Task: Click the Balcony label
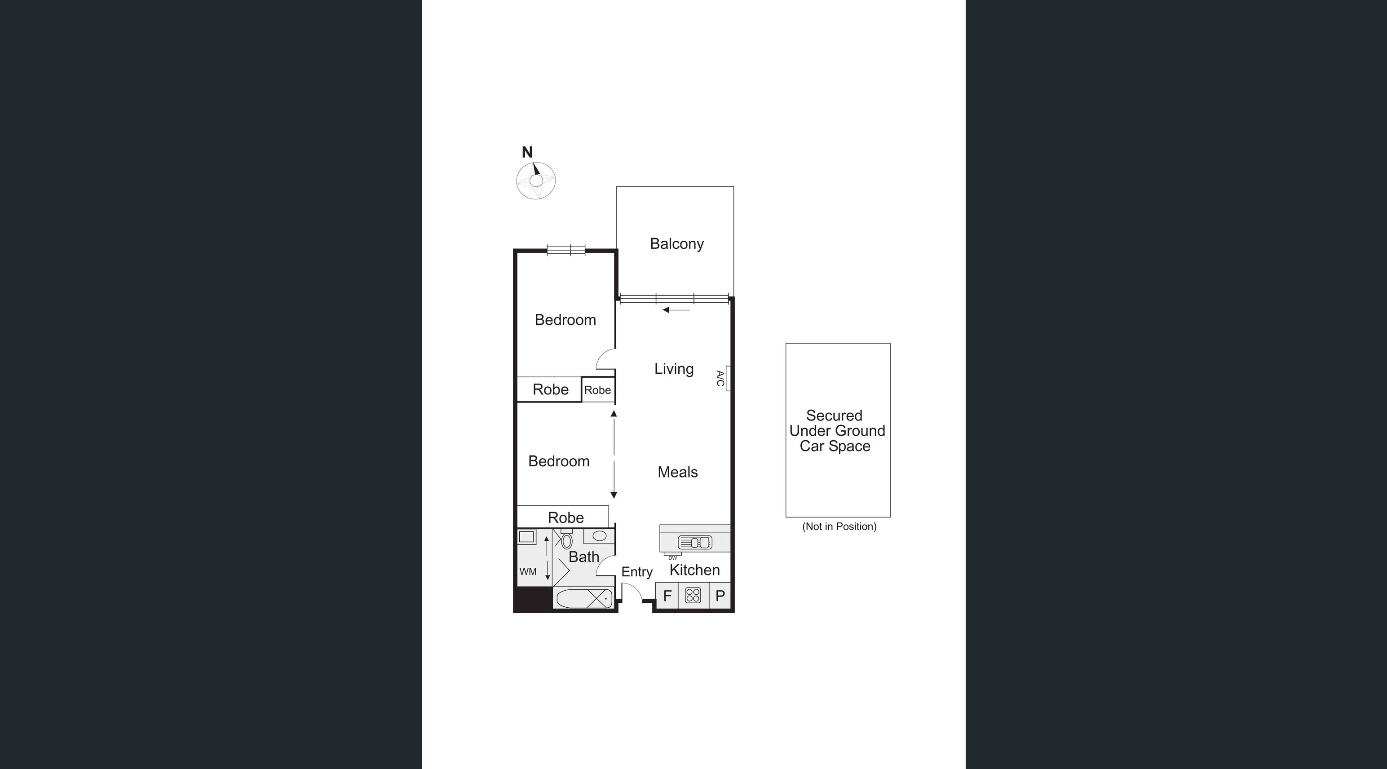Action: click(x=676, y=244)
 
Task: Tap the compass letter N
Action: click(x=527, y=152)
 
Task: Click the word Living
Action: click(x=674, y=369)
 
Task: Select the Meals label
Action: click(x=677, y=472)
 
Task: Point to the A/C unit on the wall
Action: click(x=728, y=378)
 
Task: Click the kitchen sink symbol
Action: click(x=694, y=542)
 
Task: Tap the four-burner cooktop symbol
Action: click(x=693, y=596)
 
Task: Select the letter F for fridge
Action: click(x=667, y=596)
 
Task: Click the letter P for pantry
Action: click(x=720, y=596)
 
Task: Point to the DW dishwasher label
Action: click(x=672, y=558)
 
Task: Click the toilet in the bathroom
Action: click(x=566, y=540)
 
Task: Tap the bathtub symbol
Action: click(x=584, y=598)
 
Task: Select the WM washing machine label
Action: click(x=528, y=572)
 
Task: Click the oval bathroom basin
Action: click(x=599, y=536)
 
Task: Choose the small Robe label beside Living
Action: click(x=598, y=390)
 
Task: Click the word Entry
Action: click(x=636, y=572)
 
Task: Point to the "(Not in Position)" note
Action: click(x=839, y=527)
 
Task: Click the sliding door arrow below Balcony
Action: click(x=676, y=309)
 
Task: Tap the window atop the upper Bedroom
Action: click(x=565, y=249)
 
